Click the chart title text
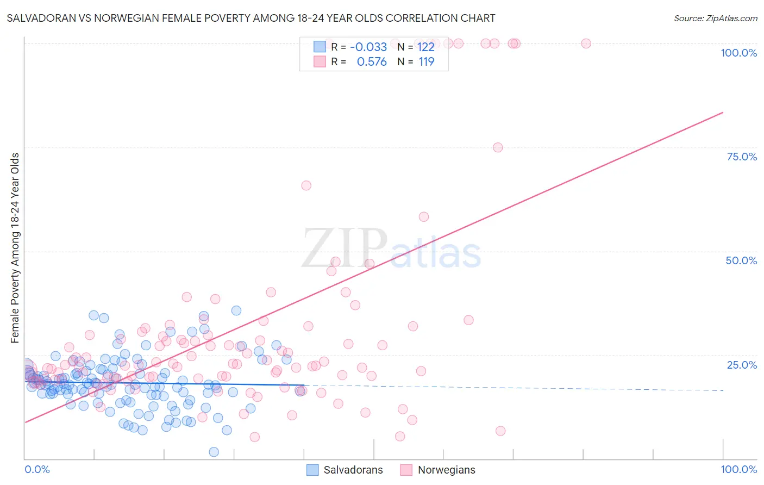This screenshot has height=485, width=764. [x=251, y=18]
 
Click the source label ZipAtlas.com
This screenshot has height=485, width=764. [x=716, y=18]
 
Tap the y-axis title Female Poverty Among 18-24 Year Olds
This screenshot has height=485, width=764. [x=15, y=248]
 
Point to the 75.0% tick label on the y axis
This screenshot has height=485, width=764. [x=742, y=157]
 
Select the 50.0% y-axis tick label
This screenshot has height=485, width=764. [x=741, y=260]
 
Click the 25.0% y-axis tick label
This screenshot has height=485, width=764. [x=742, y=364]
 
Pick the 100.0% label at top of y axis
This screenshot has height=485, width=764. [x=738, y=53]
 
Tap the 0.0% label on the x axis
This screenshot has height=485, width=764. [x=37, y=469]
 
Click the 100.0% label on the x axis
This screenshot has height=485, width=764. [x=738, y=469]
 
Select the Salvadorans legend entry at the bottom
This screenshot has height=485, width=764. [x=345, y=470]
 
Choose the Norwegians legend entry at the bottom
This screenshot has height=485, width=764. [x=437, y=470]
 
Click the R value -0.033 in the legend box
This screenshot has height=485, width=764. [x=368, y=47]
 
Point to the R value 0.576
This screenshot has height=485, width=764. [x=372, y=62]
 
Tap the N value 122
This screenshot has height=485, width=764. [x=426, y=47]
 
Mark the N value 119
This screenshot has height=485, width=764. [x=426, y=62]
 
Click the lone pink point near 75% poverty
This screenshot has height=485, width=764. [x=498, y=147]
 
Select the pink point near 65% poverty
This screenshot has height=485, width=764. [x=306, y=185]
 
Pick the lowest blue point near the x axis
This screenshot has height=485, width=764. [x=214, y=452]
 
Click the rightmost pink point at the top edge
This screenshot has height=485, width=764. [x=586, y=43]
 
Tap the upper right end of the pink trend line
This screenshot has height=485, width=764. [x=723, y=113]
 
